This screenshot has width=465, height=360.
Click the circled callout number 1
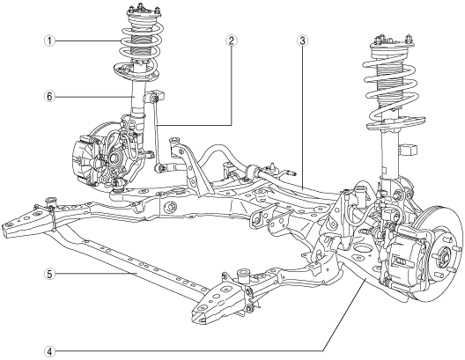pos(49,40)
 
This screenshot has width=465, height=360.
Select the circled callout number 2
pos(231,40)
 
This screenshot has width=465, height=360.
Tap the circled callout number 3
pos(302,40)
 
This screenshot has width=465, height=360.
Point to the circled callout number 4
pos(49,352)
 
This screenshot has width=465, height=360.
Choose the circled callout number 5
pos(49,274)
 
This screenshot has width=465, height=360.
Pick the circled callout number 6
pos(49,97)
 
